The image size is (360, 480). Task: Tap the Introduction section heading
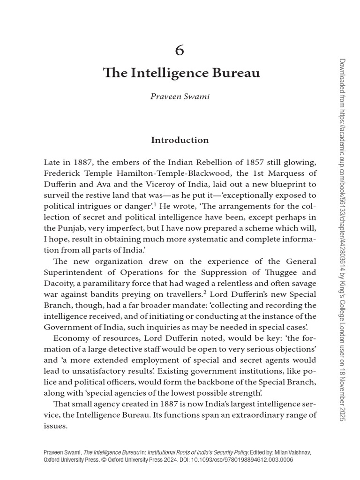coord(180,140)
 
